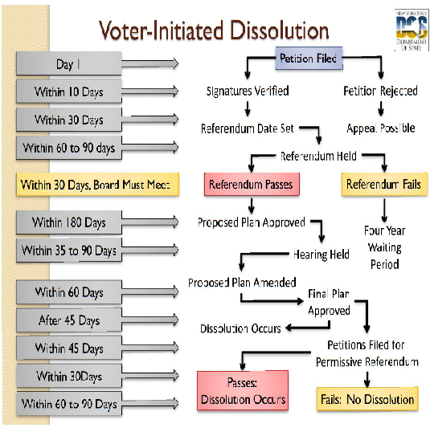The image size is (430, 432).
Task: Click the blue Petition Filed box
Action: click(x=309, y=58)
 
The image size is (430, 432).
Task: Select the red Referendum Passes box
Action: click(x=252, y=184)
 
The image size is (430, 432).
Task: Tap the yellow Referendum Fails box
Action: click(x=384, y=184)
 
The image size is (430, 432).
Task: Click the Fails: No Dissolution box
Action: click(x=367, y=399)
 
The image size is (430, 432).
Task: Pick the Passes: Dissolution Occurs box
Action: click(x=243, y=390)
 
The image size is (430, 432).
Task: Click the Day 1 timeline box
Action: click(x=68, y=63)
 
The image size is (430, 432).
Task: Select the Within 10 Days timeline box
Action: click(x=68, y=92)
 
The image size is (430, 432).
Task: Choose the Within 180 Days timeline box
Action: click(x=68, y=222)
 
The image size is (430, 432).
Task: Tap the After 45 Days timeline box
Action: click(x=68, y=320)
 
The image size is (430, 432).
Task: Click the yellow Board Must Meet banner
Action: click(x=97, y=185)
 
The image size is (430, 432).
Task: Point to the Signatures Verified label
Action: click(x=248, y=91)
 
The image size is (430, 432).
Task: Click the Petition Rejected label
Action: click(x=380, y=91)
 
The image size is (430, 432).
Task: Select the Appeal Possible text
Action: click(x=381, y=128)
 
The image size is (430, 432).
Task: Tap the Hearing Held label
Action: click(x=321, y=255)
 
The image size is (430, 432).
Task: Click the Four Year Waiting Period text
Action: click(x=385, y=247)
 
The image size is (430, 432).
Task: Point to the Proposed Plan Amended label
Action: click(x=242, y=283)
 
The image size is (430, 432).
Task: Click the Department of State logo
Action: click(x=412, y=31)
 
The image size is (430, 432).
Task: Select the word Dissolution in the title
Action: click(x=280, y=30)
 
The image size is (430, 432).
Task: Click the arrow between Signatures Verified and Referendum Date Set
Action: click(x=248, y=108)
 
